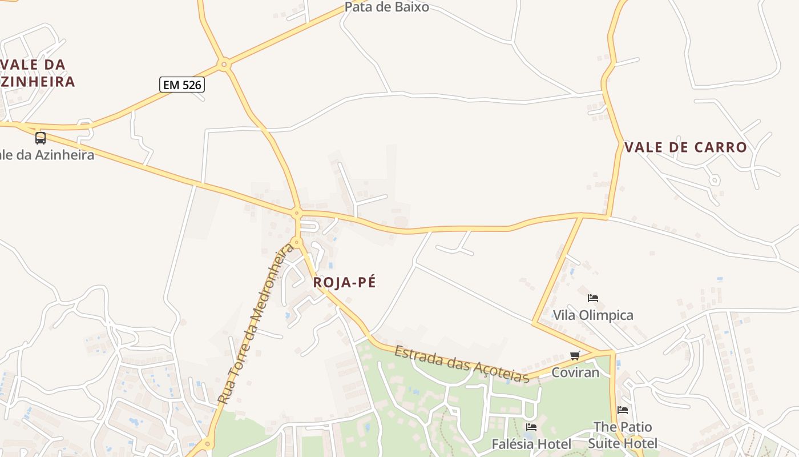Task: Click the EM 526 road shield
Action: tap(181, 85)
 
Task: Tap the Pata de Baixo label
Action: tap(386, 7)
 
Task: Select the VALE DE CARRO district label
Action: tap(685, 147)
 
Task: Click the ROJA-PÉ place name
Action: tap(345, 282)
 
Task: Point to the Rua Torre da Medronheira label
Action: tap(256, 324)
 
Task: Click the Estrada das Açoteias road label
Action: tap(461, 364)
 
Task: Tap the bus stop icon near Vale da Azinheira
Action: tap(41, 138)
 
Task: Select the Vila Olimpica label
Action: tap(593, 315)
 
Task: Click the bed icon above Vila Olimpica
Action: tap(593, 298)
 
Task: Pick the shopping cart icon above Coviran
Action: tap(575, 355)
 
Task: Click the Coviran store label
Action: tap(575, 372)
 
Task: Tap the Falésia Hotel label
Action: tap(531, 444)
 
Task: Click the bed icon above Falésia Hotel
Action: tap(531, 427)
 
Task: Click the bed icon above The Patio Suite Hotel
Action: tap(623, 410)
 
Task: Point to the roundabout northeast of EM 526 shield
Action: tap(224, 65)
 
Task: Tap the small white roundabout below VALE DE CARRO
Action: tap(714, 181)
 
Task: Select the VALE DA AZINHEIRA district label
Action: tap(34, 73)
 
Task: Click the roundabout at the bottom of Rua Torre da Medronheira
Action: tap(207, 443)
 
